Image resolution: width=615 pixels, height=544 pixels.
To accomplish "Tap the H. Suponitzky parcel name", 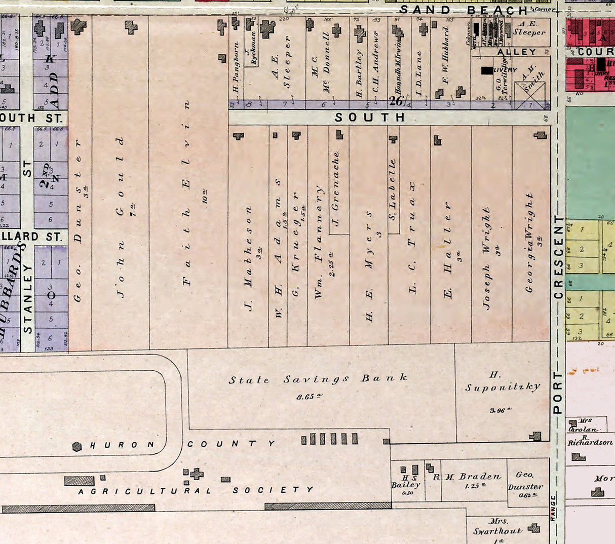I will coord(503,382).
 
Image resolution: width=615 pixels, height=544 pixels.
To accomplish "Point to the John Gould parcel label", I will coord(121,216).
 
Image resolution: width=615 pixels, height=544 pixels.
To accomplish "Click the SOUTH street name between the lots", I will coord(370,118).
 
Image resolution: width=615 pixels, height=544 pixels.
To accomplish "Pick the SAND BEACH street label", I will coord(463,10).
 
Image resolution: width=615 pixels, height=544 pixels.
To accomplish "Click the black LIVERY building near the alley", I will coord(487,70).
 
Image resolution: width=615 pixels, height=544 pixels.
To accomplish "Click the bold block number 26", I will coord(396,101).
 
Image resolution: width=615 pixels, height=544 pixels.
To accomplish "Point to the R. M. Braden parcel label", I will coord(467,477).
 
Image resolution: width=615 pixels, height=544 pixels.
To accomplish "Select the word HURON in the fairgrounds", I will coord(122,445).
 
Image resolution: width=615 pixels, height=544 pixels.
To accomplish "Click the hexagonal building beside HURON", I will coord(77,446).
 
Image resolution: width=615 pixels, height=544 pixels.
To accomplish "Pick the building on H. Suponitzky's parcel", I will coord(535,436).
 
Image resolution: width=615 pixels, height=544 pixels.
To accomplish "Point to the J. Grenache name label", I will coord(335,188).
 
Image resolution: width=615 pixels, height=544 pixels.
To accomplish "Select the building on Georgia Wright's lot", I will coord(541,135).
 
